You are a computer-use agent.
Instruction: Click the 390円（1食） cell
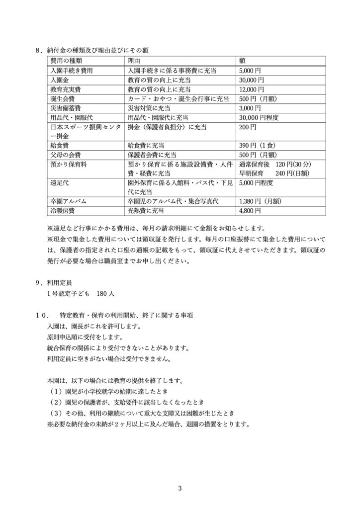[x=258, y=146]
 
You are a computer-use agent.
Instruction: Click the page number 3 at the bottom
[x=180, y=488]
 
